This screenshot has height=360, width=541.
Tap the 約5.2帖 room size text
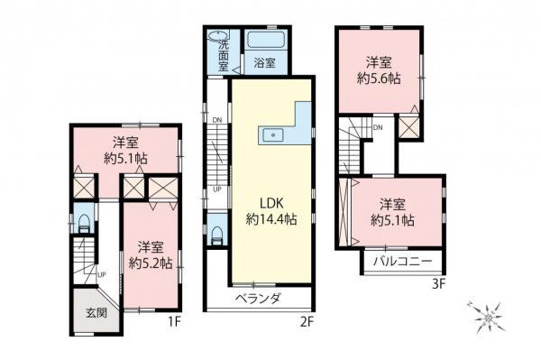click(x=150, y=263)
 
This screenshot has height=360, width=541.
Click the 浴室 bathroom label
click(x=263, y=63)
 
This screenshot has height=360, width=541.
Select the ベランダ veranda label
click(x=260, y=299)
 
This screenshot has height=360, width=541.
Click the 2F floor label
click(x=306, y=320)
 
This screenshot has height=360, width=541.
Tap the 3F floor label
click(x=439, y=282)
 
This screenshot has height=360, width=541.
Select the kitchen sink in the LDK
click(x=271, y=136)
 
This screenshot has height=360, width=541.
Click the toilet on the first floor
click(x=83, y=224)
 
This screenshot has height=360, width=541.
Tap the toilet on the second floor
click(x=216, y=233)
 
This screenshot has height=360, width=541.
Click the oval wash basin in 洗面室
click(x=217, y=38)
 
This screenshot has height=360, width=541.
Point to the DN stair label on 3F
click(x=376, y=128)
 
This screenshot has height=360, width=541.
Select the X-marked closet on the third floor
click(x=410, y=127)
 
